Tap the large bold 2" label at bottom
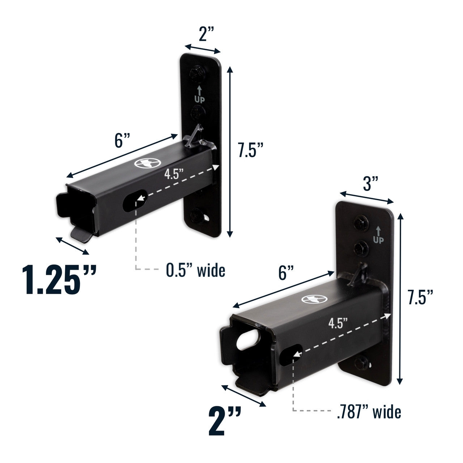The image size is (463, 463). click(x=225, y=421)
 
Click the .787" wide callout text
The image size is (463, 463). click(x=369, y=412)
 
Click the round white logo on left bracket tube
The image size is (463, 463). click(x=144, y=164)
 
